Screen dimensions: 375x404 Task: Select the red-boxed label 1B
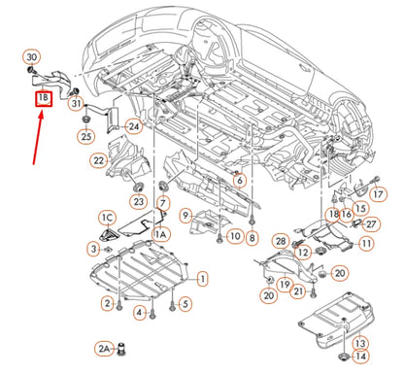coord(43,97)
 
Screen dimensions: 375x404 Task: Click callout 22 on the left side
coord(98,159)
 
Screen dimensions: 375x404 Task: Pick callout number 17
coord(378,194)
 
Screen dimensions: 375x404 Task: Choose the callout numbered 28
coord(280,240)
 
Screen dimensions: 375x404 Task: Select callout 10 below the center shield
coord(235,236)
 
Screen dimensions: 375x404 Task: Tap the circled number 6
coord(239,179)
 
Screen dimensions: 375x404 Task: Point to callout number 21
coord(300,290)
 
